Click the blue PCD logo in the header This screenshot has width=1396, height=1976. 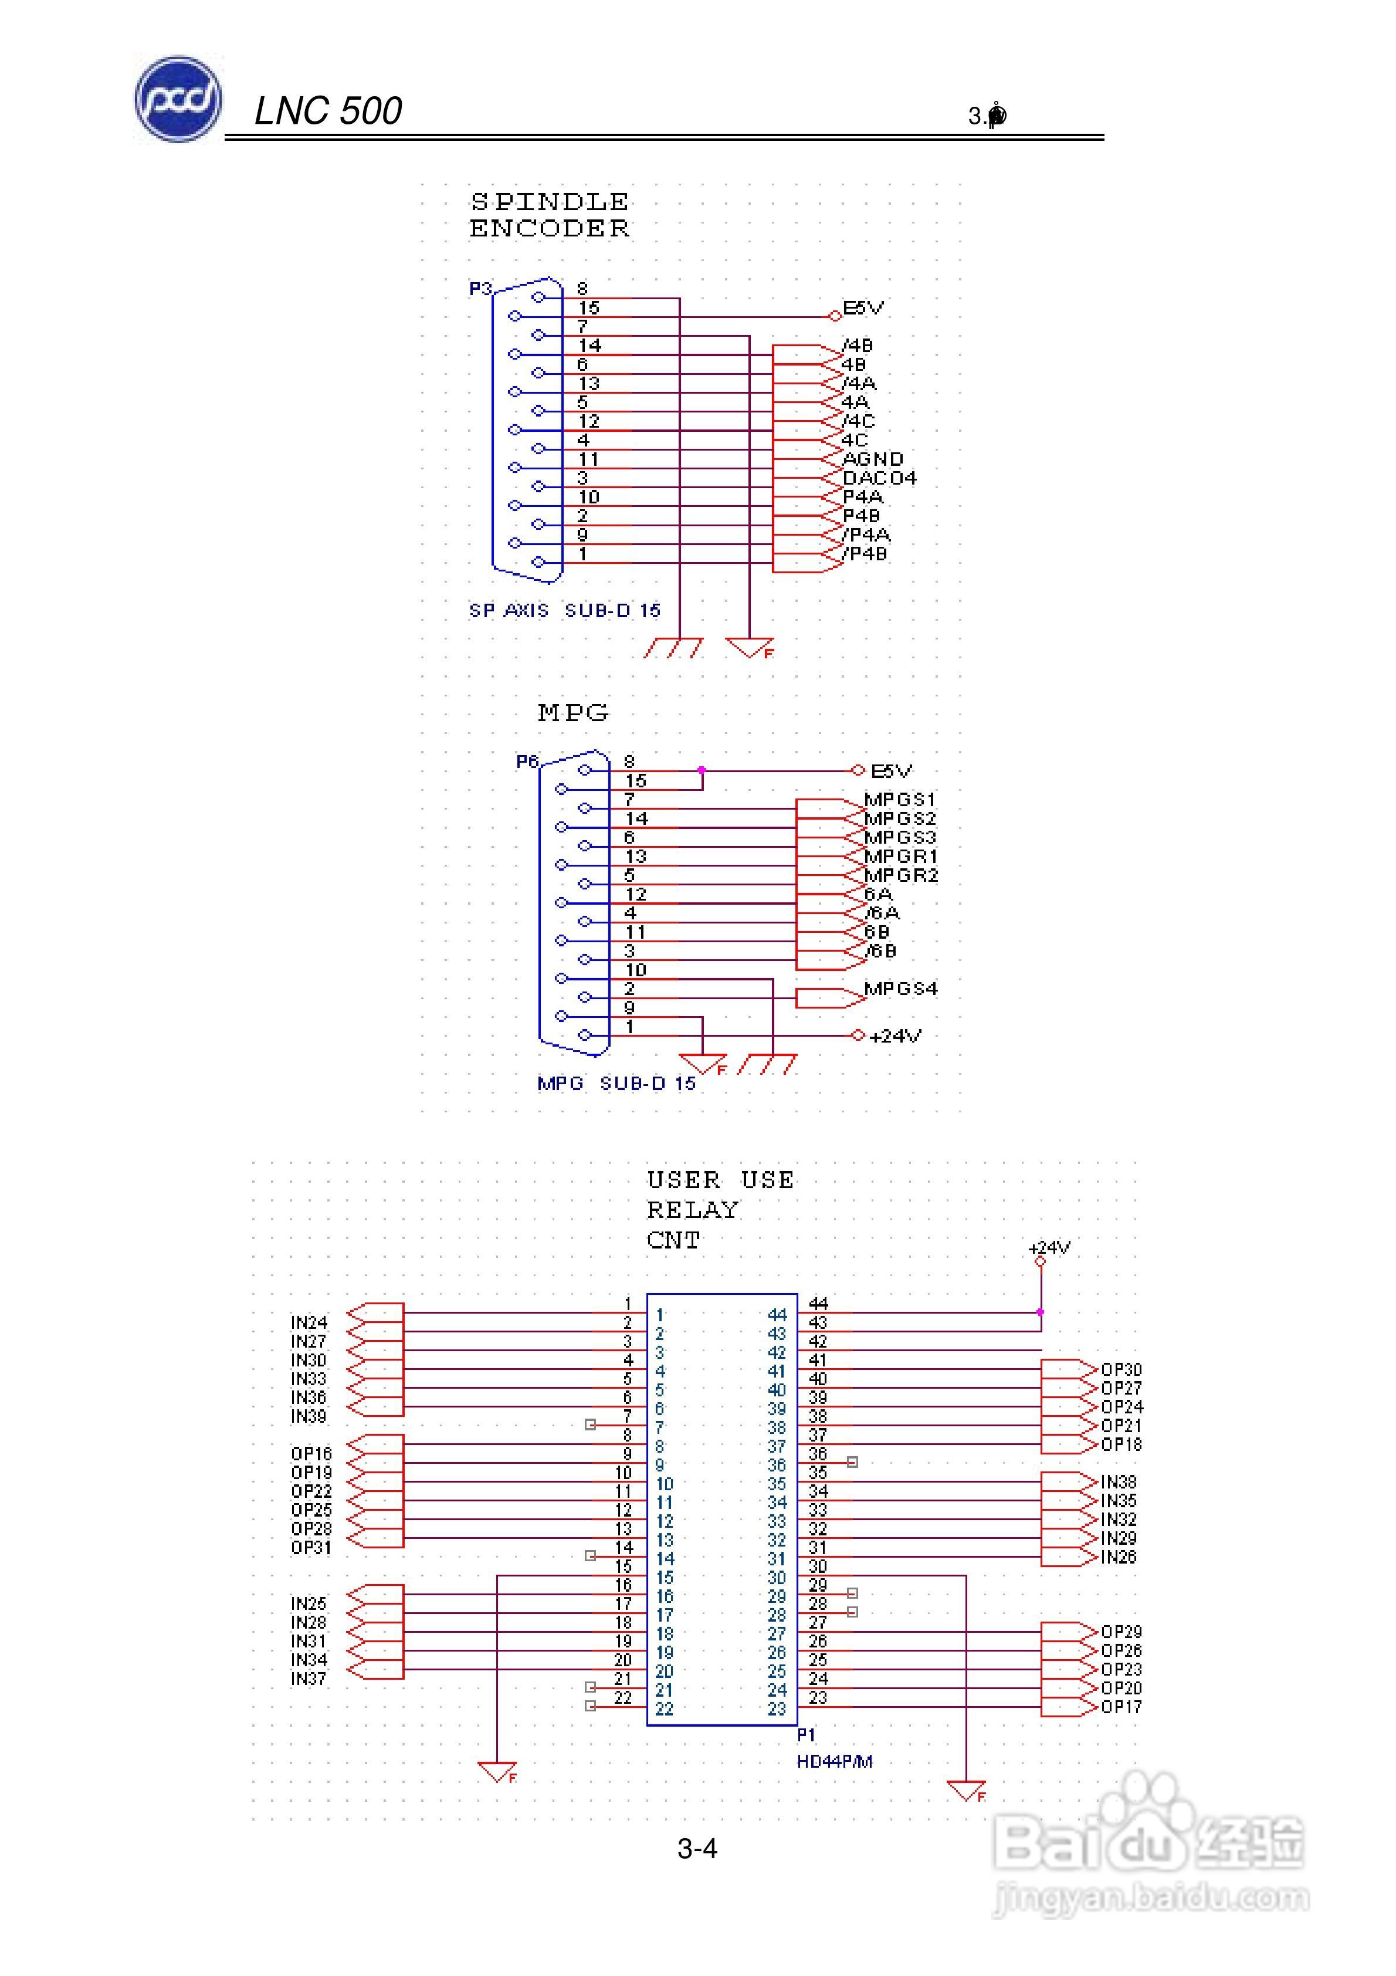(x=178, y=100)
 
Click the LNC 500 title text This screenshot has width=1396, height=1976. (x=328, y=111)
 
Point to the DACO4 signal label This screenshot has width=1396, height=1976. (x=879, y=478)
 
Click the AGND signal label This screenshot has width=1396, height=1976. (x=872, y=459)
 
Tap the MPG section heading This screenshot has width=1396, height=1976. (x=573, y=713)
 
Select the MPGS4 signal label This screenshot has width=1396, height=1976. (x=900, y=988)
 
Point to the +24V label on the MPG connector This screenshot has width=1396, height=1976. (x=895, y=1036)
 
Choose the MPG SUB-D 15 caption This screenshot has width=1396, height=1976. (x=616, y=1084)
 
